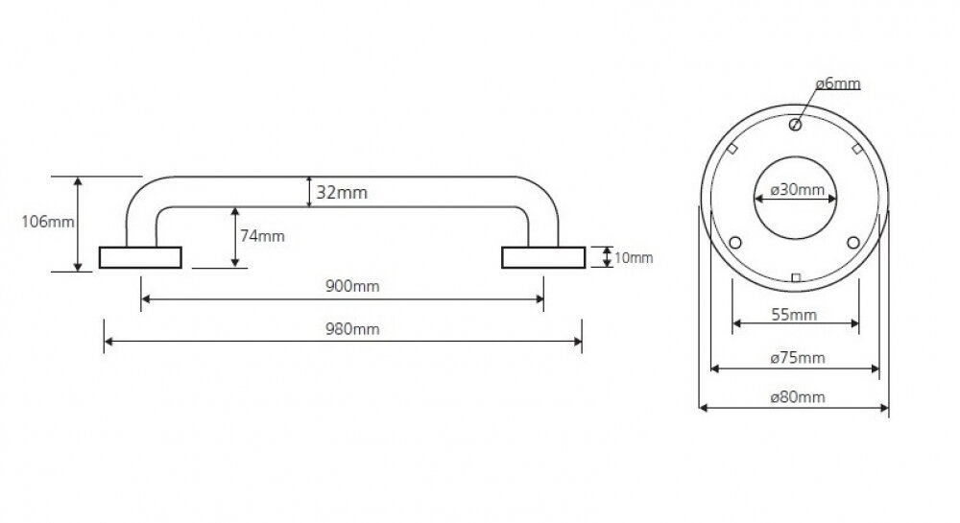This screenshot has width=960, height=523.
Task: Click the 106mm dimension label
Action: click(x=48, y=222)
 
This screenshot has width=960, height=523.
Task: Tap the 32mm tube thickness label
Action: click(x=342, y=193)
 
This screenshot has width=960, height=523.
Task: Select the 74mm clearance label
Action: click(x=262, y=236)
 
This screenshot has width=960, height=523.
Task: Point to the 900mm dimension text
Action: click(x=352, y=286)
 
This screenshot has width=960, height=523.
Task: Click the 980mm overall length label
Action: click(x=352, y=329)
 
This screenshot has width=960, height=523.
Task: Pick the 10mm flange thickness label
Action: click(x=634, y=258)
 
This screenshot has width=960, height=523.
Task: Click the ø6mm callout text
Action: click(x=837, y=83)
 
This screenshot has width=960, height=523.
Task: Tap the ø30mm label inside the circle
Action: click(x=797, y=190)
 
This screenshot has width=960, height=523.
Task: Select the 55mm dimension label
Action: click(x=794, y=315)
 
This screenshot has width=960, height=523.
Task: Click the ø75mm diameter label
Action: click(x=798, y=357)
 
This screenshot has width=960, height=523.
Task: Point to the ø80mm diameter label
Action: click(x=798, y=397)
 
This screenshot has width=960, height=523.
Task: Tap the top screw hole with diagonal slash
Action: click(x=795, y=125)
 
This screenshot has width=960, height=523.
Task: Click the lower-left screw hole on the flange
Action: click(x=735, y=243)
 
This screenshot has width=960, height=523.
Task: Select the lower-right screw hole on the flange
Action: click(x=853, y=243)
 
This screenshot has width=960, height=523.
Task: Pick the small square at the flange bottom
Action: click(x=795, y=278)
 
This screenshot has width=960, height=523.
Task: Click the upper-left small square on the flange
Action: click(x=732, y=149)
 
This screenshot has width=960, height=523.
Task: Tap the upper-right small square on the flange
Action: click(x=857, y=149)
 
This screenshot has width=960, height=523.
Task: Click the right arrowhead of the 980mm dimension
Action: click(x=579, y=342)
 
